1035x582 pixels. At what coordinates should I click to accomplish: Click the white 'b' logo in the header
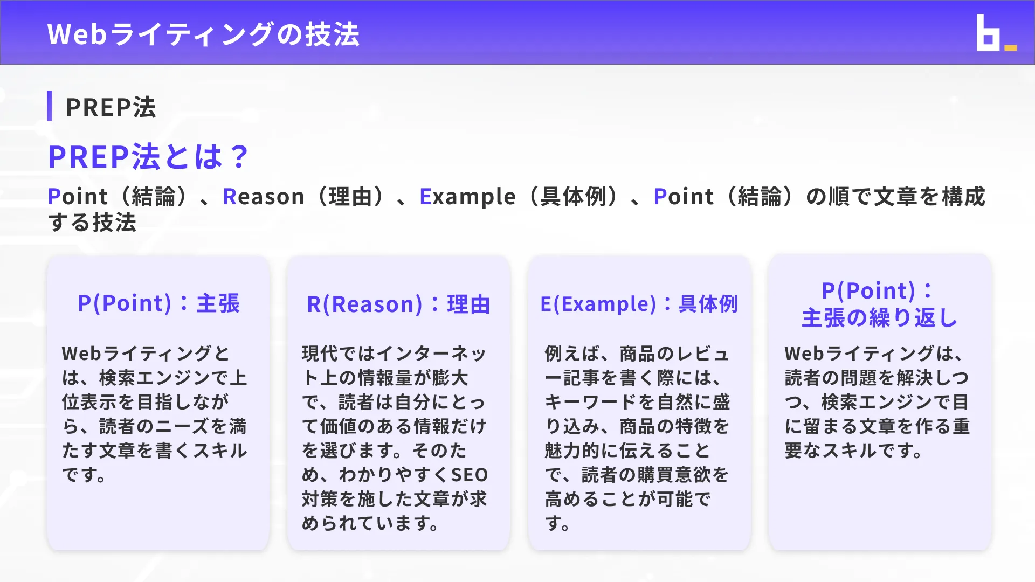pos(988,33)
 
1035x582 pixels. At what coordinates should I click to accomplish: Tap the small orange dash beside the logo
pos(1011,48)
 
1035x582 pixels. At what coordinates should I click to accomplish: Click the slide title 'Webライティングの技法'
pos(203,34)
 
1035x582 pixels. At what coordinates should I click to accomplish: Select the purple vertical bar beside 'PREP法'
pos(50,106)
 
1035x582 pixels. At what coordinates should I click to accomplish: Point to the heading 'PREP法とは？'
pos(148,157)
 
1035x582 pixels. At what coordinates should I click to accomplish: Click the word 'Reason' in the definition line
pos(264,197)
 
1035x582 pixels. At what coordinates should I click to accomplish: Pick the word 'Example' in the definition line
pos(467,197)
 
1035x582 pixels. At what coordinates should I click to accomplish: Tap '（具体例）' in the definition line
pos(574,197)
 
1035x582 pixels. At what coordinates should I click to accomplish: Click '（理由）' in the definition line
pos(350,197)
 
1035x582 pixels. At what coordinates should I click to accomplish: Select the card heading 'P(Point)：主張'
pos(158,303)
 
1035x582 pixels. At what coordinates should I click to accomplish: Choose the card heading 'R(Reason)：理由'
pos(398,304)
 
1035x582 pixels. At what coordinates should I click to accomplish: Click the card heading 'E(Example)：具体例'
pos(639,304)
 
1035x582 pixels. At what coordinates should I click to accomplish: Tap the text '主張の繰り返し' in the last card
pos(879,318)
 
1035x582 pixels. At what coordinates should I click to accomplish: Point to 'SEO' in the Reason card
pos(469,475)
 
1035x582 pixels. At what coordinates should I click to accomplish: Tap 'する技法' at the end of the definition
pos(92,223)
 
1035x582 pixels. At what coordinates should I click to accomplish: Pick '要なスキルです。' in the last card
pos(854,451)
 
